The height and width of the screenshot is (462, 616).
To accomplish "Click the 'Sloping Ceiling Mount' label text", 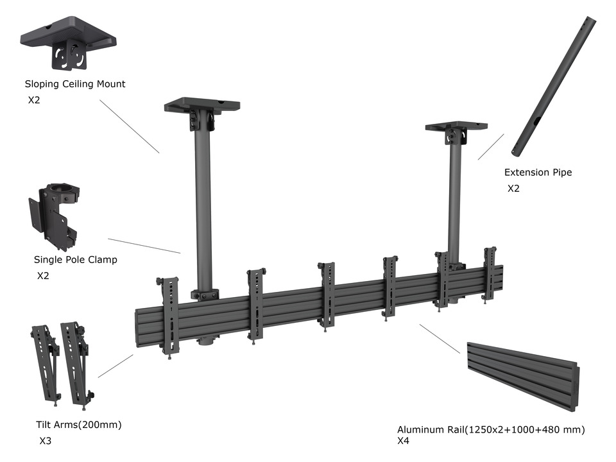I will point(75,84).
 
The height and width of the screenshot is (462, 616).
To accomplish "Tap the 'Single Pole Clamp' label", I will point(76,260).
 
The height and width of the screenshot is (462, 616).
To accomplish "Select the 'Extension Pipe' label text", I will point(538,173).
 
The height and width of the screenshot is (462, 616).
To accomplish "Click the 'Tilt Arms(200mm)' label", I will point(79,425).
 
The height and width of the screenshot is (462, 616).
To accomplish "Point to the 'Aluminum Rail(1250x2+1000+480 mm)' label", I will point(491,429).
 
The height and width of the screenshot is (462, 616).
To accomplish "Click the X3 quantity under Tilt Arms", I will point(46,441).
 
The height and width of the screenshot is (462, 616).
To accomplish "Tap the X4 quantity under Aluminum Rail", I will point(403,441).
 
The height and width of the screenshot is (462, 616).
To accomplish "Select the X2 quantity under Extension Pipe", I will point(513,189).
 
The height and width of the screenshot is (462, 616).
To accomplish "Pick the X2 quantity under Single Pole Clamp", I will point(43,276).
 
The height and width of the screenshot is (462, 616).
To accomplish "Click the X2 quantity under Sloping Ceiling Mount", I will point(34,100).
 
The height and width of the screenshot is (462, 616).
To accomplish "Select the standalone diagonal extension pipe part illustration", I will point(552,87).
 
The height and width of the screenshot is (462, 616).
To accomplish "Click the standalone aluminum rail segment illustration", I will point(523,374).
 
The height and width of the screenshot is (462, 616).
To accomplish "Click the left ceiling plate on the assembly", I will point(201,105).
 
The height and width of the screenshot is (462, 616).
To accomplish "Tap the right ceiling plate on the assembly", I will point(455,126).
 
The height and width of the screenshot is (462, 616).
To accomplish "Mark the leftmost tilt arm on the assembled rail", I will point(169,314).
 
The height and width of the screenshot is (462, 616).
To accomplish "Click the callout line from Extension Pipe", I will point(490,147).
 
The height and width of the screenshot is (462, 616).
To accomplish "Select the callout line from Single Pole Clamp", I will point(144,246).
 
